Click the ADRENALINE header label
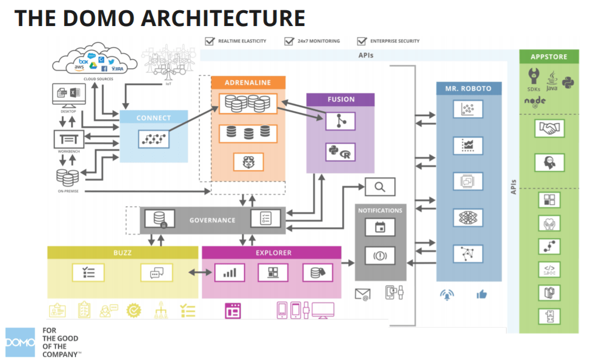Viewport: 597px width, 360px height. click(248, 83)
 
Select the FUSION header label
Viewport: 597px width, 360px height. click(341, 100)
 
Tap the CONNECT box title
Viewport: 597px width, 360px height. click(153, 118)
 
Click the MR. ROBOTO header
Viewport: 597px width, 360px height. click(469, 89)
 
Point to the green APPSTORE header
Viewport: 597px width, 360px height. click(549, 56)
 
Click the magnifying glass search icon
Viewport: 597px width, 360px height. click(380, 187)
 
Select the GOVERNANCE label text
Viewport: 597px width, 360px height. click(212, 220)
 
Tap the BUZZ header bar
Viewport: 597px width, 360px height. click(123, 253)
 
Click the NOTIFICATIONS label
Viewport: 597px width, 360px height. click(380, 210)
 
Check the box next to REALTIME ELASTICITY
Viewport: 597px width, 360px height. click(209, 41)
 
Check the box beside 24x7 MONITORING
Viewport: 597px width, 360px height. click(288, 41)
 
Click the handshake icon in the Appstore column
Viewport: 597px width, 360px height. click(549, 128)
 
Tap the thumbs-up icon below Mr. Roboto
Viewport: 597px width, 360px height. click(482, 294)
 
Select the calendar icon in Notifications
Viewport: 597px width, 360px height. click(380, 228)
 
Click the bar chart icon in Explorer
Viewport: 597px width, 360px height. click(229, 272)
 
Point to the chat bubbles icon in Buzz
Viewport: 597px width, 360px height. click(156, 272)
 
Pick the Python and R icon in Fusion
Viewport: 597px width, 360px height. click(340, 152)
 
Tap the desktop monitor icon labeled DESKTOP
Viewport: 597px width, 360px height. click(68, 95)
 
